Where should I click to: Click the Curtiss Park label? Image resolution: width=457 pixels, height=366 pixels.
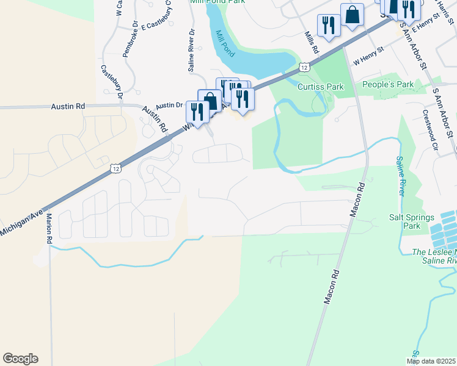click(x=320, y=87)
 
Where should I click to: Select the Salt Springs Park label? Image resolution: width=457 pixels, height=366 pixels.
click(x=412, y=221)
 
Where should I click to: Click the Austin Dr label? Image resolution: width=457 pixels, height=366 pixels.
click(x=169, y=105)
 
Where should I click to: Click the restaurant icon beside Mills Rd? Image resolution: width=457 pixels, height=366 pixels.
click(x=329, y=25)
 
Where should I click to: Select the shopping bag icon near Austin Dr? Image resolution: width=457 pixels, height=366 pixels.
click(x=210, y=99)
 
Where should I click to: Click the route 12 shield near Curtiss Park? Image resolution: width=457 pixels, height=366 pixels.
click(x=304, y=66)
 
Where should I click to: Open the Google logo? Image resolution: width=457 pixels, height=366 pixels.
click(x=20, y=359)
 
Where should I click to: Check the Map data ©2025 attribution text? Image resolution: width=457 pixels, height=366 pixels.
click(x=431, y=361)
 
